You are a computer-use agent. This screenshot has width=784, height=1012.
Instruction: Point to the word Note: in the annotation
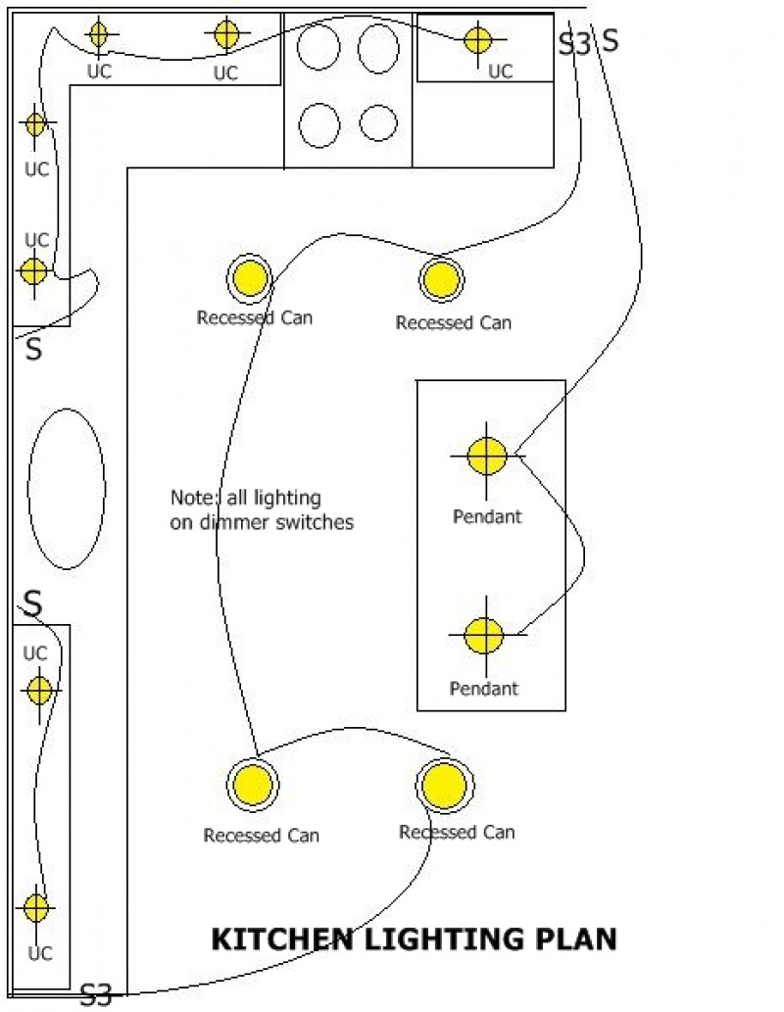(x=192, y=498)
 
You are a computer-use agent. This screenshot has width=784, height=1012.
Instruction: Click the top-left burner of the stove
(x=318, y=47)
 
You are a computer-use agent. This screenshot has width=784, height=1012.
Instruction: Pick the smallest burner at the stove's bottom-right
(x=377, y=123)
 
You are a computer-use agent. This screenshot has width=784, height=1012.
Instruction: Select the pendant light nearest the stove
(x=486, y=456)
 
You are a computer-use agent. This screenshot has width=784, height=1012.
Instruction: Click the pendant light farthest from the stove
(x=483, y=635)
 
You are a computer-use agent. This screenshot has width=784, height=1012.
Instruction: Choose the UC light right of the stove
(x=477, y=40)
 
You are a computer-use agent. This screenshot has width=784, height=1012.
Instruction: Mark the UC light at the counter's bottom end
(x=35, y=908)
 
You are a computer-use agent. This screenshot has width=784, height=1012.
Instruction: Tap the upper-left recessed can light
(x=250, y=278)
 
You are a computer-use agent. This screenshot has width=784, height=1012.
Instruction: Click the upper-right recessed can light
(x=442, y=279)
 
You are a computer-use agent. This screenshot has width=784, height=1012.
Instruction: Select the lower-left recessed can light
(x=253, y=785)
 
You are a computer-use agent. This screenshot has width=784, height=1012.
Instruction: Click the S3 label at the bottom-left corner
(x=96, y=996)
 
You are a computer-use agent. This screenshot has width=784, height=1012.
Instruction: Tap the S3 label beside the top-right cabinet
(x=575, y=43)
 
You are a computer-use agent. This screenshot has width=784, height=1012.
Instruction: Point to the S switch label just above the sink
(x=34, y=350)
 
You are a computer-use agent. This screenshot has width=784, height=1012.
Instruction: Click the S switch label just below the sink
(x=32, y=604)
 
